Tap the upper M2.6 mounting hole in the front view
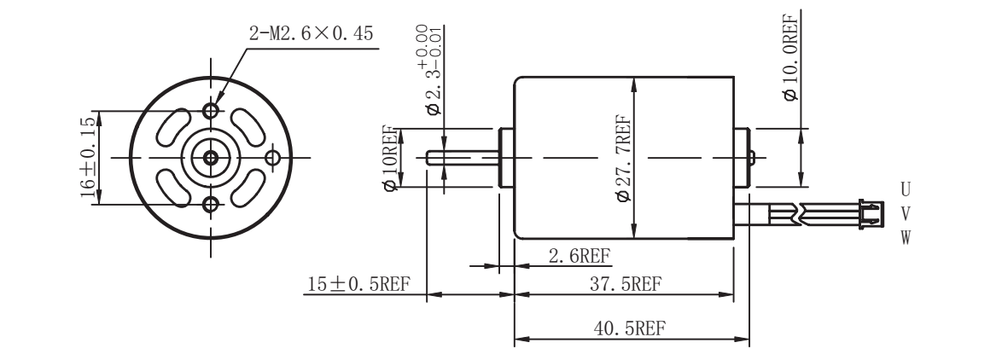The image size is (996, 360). pyautogui.click(x=211, y=112)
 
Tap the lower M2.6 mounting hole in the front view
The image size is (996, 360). pyautogui.click(x=211, y=203)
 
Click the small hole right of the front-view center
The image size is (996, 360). pyautogui.click(x=273, y=157)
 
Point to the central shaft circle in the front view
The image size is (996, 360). pyautogui.click(x=210, y=157)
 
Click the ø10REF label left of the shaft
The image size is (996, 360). pyautogui.click(x=391, y=158)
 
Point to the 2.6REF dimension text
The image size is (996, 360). pyautogui.click(x=579, y=255)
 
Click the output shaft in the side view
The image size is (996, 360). pyautogui.click(x=461, y=158)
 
